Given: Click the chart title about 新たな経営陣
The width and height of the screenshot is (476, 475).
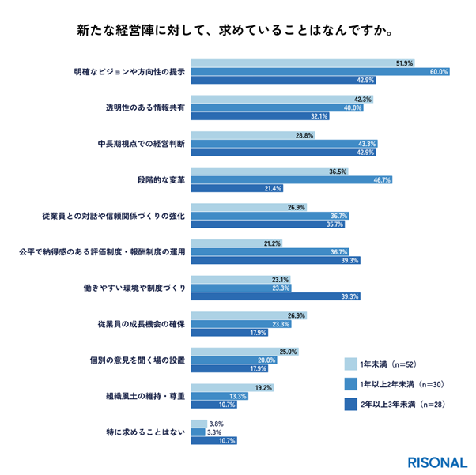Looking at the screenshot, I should coord(237,32).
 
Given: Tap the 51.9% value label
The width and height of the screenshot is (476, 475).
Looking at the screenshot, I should coord(404,62).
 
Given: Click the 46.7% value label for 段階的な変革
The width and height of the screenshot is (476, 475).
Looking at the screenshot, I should coord(383,179).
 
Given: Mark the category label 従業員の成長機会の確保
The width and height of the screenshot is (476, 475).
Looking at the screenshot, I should coord(141,324).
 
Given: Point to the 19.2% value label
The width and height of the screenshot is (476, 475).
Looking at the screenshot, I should coord(263,387).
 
